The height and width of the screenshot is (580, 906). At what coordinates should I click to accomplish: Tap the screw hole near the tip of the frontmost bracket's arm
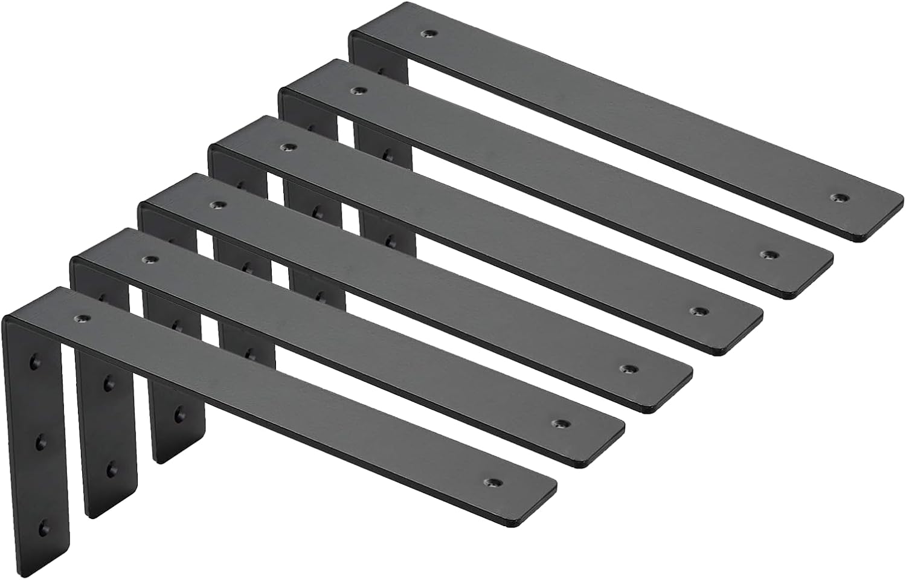493,482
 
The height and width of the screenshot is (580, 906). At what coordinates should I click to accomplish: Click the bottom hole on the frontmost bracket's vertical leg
43,529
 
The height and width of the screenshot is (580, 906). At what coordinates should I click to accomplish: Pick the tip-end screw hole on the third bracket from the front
631,367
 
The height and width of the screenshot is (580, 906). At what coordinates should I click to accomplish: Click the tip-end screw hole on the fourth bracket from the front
699,311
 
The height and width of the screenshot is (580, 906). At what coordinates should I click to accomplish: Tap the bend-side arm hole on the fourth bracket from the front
287,147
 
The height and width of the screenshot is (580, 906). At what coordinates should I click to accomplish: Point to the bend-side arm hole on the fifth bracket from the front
359,91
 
